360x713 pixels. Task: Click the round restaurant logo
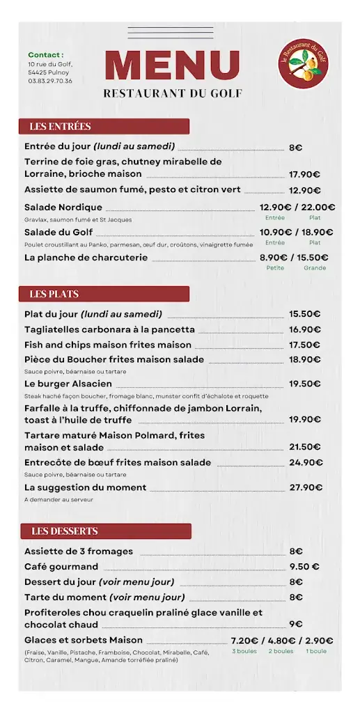tap(303, 63)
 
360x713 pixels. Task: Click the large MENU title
tap(172, 65)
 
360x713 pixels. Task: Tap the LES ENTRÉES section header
tap(61, 127)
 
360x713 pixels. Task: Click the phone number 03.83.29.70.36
tap(49, 81)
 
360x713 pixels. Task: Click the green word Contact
tap(45, 55)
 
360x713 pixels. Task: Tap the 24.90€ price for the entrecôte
tap(304, 462)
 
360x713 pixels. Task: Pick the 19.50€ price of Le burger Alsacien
tap(304, 384)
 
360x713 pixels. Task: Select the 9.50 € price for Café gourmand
tap(304, 567)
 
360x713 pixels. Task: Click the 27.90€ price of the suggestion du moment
tap(305, 487)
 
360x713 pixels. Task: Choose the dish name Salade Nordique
tap(63, 207)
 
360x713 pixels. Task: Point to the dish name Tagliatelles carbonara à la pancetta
tap(109, 329)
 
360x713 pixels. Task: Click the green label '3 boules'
tap(244, 651)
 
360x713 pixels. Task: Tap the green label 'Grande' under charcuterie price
tap(315, 268)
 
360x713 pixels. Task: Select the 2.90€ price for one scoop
tap(319, 641)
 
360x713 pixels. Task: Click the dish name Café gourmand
tap(61, 566)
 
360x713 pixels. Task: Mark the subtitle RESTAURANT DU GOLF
tap(172, 93)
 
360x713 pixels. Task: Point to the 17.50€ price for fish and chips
tap(304, 345)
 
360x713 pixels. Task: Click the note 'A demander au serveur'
tap(58, 499)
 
